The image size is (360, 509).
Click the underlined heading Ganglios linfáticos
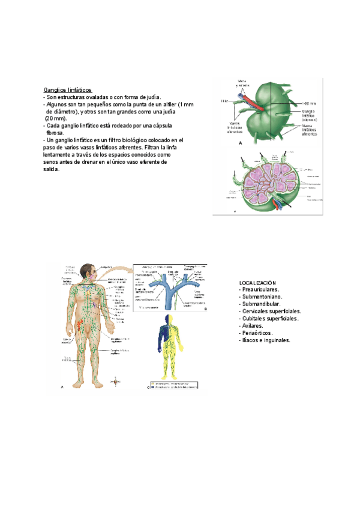pyautogui.click(x=68, y=89)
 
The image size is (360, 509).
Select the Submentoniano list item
pyautogui.click(x=262, y=297)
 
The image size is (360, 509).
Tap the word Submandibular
pyautogui.click(x=262, y=304)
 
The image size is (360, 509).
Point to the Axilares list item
pyautogui.click(x=254, y=325)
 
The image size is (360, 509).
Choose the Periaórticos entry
pyautogui.click(x=258, y=333)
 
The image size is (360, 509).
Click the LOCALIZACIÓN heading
pyautogui.click(x=257, y=282)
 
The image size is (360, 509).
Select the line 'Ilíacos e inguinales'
pyautogui.click(x=266, y=340)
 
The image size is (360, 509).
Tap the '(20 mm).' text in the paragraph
pyautogui.click(x=56, y=118)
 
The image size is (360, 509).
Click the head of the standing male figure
pyautogui.click(x=88, y=271)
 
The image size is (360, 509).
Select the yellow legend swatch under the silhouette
pyautogui.click(x=152, y=382)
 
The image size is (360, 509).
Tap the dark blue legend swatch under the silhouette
pyautogui.click(x=152, y=387)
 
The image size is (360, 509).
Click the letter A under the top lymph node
pyautogui.click(x=240, y=144)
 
